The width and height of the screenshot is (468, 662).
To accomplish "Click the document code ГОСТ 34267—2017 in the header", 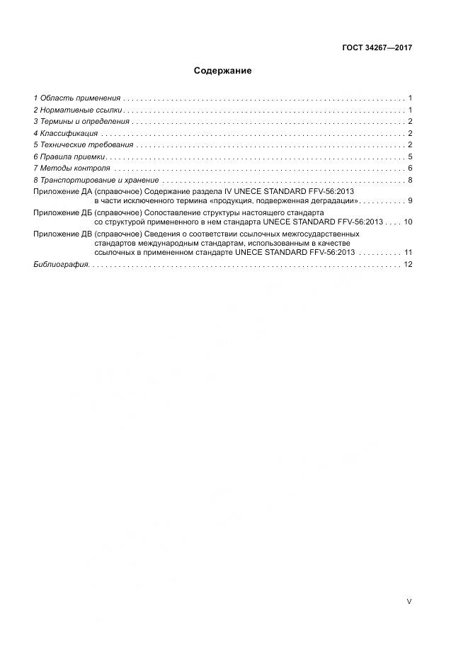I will pyautogui.click(x=377, y=48).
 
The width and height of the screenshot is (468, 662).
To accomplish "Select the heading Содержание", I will pyautogui.click(x=223, y=71).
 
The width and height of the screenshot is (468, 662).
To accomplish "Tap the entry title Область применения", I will pyautogui.click(x=80, y=98).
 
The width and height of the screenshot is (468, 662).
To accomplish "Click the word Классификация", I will pyautogui.click(x=69, y=133).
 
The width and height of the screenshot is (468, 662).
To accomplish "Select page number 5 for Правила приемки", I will pyautogui.click(x=410, y=156).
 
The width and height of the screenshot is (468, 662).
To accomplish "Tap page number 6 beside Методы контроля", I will pyautogui.click(x=410, y=168).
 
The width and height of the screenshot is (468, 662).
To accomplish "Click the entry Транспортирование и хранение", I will pyautogui.click(x=96, y=180).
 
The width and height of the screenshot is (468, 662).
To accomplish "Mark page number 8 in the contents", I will pyautogui.click(x=410, y=180).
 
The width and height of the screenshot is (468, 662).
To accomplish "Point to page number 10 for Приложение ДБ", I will pyautogui.click(x=408, y=222).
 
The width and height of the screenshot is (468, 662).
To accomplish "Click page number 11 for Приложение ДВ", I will pyautogui.click(x=408, y=252).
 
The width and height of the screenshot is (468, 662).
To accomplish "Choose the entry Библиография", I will pyautogui.click(x=61, y=264).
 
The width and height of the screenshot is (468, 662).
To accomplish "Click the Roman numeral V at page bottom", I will pyautogui.click(x=409, y=601).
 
